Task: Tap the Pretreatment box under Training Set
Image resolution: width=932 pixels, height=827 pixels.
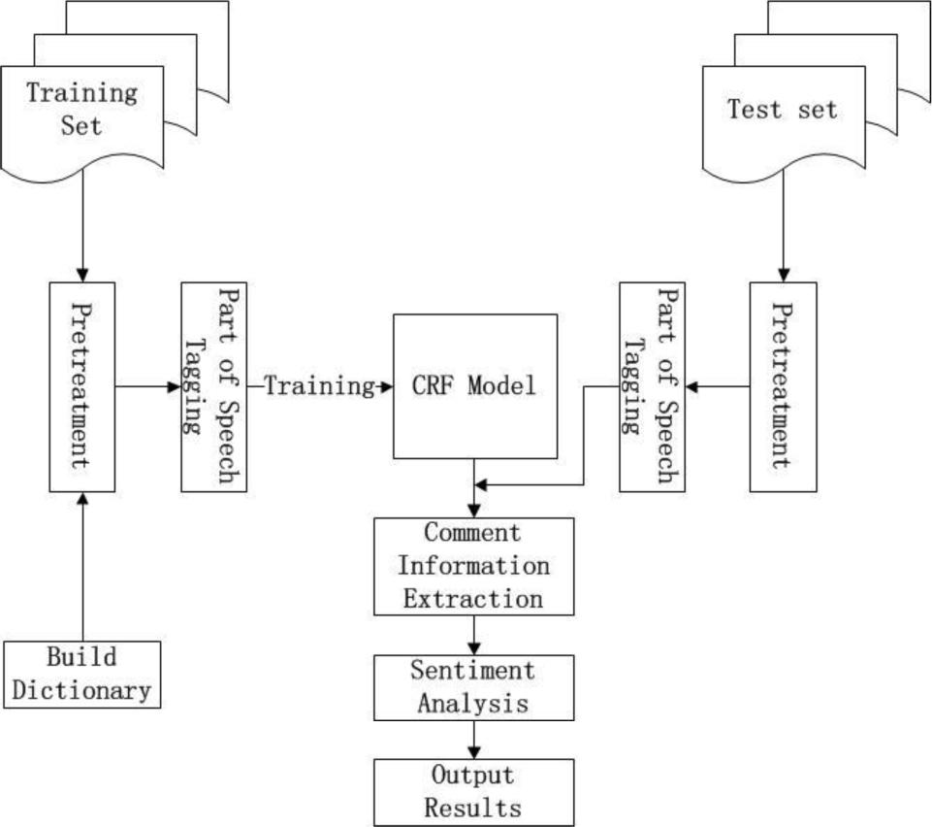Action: click(82, 386)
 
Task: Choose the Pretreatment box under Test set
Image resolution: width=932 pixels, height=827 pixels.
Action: click(783, 386)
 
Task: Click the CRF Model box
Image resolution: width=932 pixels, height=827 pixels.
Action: click(475, 385)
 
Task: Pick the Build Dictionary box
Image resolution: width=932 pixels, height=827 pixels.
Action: click(82, 674)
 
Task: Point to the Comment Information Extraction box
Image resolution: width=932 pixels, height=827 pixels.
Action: click(474, 566)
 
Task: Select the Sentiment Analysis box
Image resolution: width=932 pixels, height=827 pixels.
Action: click(474, 686)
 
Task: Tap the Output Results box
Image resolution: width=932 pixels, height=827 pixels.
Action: click(474, 792)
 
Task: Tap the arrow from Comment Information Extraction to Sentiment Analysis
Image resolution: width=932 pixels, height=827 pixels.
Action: click(474, 635)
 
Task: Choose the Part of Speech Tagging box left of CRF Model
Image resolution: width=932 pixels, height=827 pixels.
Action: click(213, 386)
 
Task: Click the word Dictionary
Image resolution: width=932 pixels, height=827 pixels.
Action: click(82, 690)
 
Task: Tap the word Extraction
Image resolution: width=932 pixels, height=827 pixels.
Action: click(474, 598)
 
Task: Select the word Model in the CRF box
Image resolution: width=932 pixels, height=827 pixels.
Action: click(502, 386)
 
